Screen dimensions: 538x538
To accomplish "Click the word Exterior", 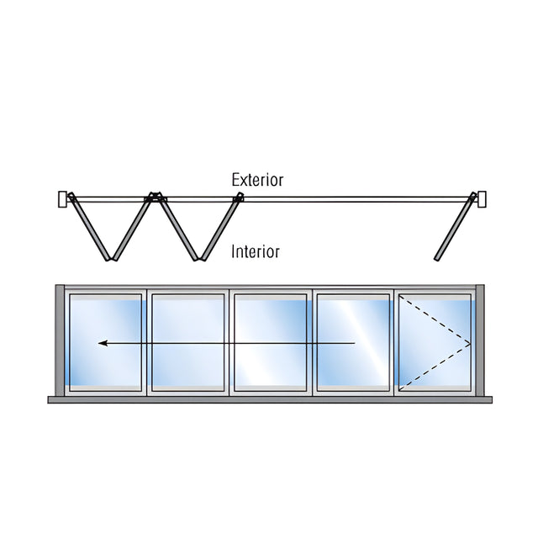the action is point(258,180).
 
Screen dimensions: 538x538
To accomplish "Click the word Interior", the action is point(256,251).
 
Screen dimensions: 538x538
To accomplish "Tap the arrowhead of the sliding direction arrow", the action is point(103,343).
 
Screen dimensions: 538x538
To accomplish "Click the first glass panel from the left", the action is point(106,342).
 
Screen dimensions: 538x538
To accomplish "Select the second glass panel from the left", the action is point(188,342).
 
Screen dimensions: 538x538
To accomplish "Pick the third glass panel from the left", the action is point(271,342).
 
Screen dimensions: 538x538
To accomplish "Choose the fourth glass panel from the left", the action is point(353,342).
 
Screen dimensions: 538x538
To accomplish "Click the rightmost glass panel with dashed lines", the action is point(435,342).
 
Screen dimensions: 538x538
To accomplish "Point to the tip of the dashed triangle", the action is point(470,344).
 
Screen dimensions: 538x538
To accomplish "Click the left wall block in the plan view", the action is point(62,199).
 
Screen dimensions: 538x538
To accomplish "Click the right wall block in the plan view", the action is point(482,199).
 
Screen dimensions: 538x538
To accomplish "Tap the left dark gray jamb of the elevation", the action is point(60,340).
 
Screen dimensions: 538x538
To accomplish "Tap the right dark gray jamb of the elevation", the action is point(480,340).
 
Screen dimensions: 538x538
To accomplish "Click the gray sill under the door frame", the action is point(270,400).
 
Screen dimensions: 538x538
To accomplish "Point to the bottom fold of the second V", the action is point(199,258).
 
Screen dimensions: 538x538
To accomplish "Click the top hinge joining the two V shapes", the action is point(155,197).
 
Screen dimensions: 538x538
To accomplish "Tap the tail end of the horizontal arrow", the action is point(355,343).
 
